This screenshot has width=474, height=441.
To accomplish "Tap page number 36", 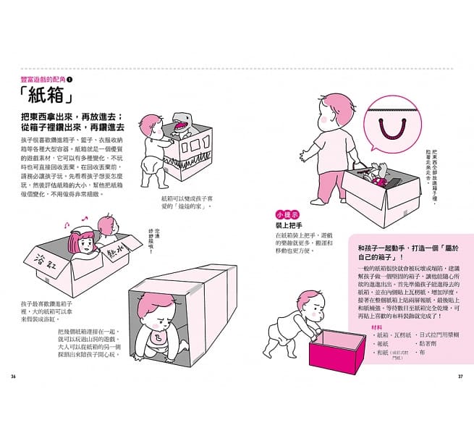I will (x=13, y=376).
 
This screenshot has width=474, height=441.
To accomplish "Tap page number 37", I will (x=460, y=376).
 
